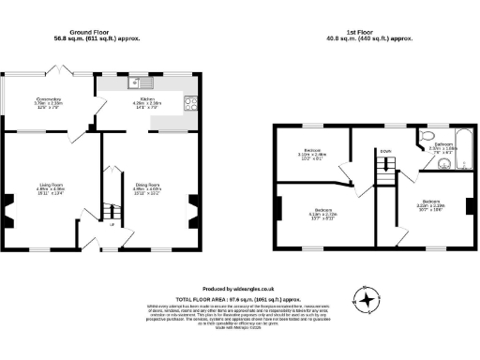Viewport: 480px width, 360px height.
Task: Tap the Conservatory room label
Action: click(x=49, y=102)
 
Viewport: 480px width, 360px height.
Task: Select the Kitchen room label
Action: click(x=146, y=101)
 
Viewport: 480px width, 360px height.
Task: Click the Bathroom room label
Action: click(x=441, y=148)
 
